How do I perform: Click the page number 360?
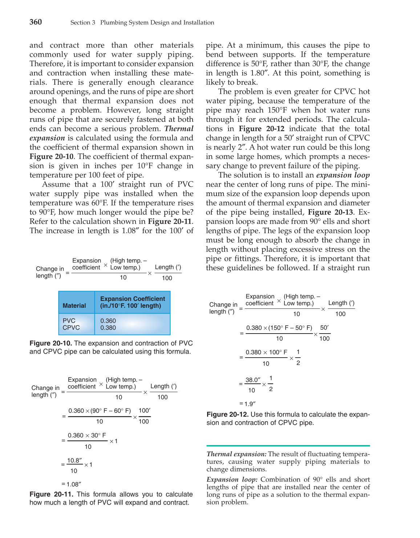click(36, 22)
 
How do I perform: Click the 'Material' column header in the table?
click(74, 306)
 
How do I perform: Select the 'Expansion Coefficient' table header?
click(132, 302)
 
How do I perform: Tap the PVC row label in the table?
click(69, 320)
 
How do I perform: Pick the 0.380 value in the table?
click(108, 327)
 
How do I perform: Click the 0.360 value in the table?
click(108, 320)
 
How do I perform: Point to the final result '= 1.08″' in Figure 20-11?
click(71, 484)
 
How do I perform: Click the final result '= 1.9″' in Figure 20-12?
click(247, 404)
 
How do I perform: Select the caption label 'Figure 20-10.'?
click(51, 343)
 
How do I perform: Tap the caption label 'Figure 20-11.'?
click(51, 494)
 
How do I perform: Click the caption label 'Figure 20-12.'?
click(227, 414)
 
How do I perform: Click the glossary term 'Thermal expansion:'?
click(237, 454)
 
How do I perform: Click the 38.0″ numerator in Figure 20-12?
click(253, 380)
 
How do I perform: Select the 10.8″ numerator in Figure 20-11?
click(75, 460)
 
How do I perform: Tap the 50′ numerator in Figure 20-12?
click(324, 327)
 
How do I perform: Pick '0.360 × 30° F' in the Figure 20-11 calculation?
click(87, 435)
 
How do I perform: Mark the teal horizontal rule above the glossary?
click(288, 446)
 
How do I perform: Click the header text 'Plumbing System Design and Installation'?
click(157, 23)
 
